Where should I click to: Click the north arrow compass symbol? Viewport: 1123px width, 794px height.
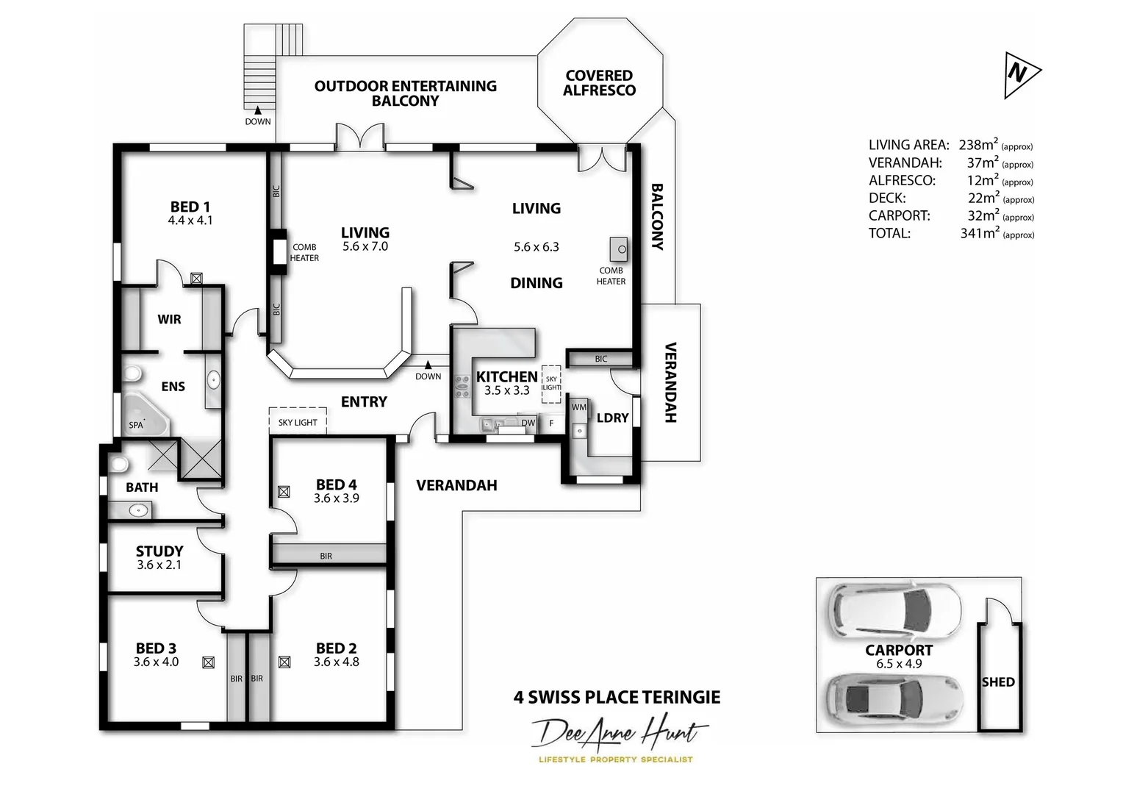click(x=1021, y=74)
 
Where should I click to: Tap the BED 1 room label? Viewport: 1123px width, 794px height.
click(x=190, y=207)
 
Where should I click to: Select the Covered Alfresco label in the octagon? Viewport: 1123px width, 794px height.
click(x=599, y=83)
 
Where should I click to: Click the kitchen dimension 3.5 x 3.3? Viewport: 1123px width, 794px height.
click(x=506, y=390)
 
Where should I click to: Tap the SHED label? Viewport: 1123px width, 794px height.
click(x=997, y=682)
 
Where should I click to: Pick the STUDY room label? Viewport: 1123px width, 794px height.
click(x=159, y=551)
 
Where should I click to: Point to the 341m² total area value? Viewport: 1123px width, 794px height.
click(x=980, y=233)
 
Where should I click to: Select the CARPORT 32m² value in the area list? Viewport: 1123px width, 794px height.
click(x=983, y=215)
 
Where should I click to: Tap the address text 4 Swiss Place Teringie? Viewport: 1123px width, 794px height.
click(x=617, y=697)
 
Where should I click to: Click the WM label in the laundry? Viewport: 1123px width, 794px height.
click(x=579, y=407)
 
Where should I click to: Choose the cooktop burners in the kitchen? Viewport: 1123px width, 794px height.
click(x=462, y=387)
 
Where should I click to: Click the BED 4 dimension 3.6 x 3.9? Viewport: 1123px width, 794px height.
click(x=336, y=498)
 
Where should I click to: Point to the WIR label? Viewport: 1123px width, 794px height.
click(x=169, y=319)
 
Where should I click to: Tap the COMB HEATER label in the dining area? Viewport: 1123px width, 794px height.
click(x=611, y=276)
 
